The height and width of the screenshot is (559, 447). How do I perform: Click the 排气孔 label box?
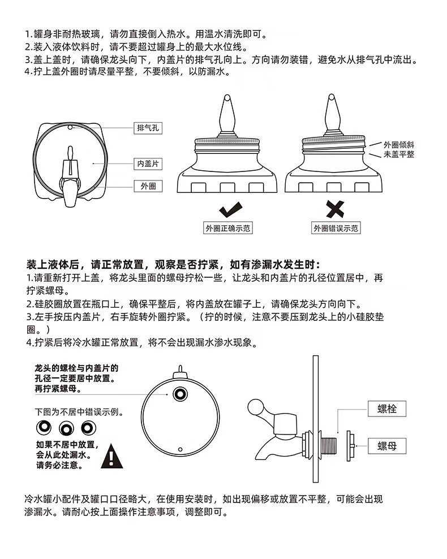click(148, 128)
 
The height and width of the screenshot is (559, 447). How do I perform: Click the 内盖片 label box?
click(148, 164)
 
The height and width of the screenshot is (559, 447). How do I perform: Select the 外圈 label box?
click(148, 186)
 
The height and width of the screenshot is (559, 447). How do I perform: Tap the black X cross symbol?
click(335, 209)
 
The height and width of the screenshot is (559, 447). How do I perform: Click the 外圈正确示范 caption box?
click(228, 228)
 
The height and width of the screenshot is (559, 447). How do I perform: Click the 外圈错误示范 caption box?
click(336, 228)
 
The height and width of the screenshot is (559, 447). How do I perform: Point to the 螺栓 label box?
click(387, 408)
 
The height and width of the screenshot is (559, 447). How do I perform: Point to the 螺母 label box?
click(387, 446)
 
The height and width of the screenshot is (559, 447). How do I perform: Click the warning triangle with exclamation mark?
click(112, 457)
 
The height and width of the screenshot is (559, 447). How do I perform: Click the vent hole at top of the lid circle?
click(70, 127)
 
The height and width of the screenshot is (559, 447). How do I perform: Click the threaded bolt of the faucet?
click(329, 445)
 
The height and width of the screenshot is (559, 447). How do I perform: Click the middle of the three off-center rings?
click(66, 428)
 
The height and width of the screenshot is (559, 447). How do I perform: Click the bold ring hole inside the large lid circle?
click(180, 394)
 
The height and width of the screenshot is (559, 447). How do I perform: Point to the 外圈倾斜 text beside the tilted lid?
click(399, 145)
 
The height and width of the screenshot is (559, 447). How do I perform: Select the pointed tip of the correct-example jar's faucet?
click(227, 96)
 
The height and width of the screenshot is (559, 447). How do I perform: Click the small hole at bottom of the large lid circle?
click(180, 450)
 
